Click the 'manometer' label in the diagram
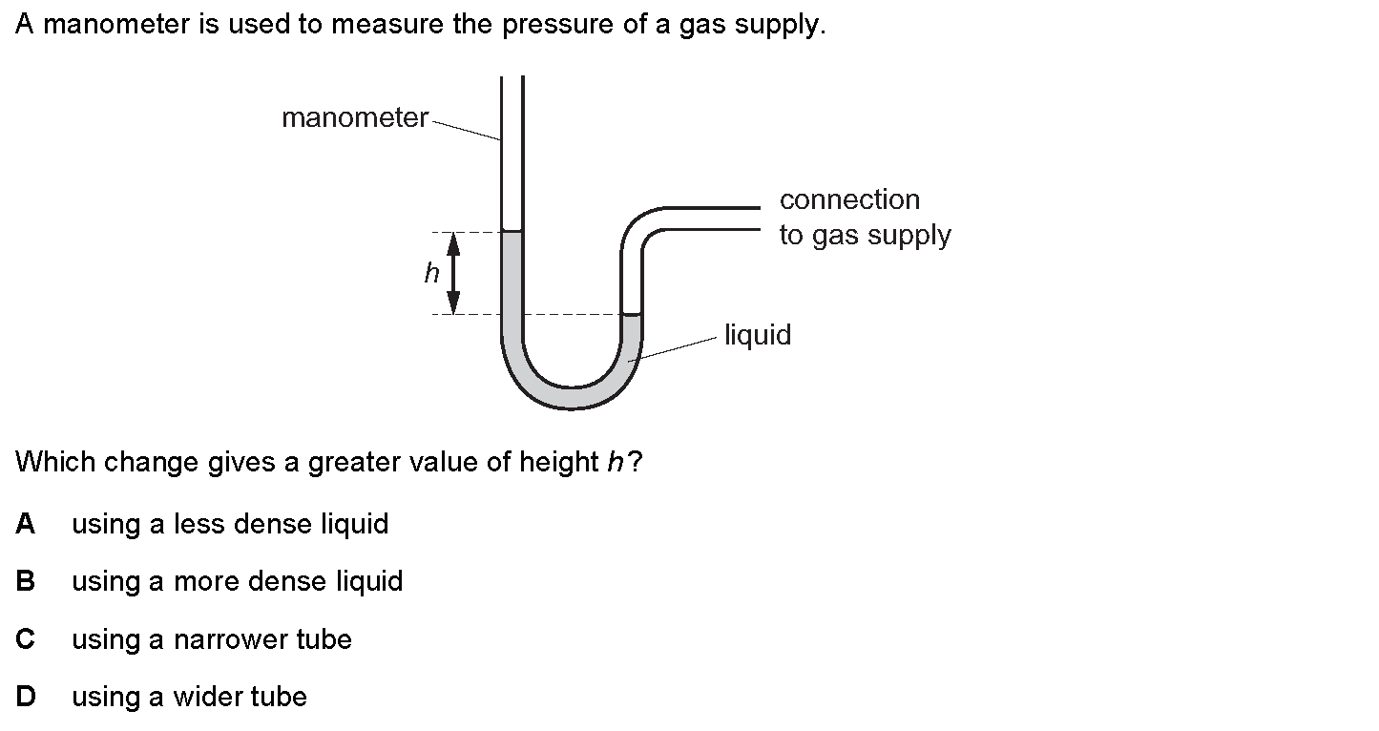click(x=355, y=118)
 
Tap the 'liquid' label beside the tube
click(x=758, y=335)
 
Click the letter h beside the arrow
click(x=431, y=274)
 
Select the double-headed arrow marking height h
click(x=454, y=274)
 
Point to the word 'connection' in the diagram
click(x=849, y=199)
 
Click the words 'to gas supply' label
click(x=865, y=236)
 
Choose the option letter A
click(x=26, y=524)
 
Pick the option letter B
click(x=26, y=581)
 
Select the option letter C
click(x=26, y=639)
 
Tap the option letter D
click(x=26, y=697)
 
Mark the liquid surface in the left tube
click(x=512, y=232)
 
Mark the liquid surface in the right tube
click(x=632, y=314)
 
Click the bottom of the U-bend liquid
click(x=572, y=398)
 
